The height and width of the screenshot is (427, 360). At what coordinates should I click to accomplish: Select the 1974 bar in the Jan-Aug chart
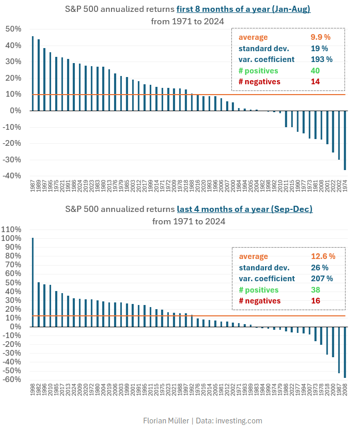click(345, 140)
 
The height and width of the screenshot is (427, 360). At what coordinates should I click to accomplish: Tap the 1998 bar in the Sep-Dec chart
click(33, 282)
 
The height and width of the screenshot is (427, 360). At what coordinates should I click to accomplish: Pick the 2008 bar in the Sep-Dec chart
click(345, 352)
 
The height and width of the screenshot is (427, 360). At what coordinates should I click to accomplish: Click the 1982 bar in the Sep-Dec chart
click(39, 304)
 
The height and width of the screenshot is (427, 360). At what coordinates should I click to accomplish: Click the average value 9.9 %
click(320, 37)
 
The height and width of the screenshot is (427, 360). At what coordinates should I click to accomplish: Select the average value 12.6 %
click(323, 256)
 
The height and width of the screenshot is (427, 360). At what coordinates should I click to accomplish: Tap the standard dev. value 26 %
click(319, 268)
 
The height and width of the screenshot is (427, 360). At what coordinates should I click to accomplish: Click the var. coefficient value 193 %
click(321, 59)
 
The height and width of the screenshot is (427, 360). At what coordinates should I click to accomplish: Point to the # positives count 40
click(316, 70)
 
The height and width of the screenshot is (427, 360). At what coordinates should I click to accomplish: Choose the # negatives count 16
click(316, 301)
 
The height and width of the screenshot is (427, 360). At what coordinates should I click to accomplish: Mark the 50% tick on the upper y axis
click(12, 29)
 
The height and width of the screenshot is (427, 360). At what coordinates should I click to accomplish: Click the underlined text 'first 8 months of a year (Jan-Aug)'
click(243, 9)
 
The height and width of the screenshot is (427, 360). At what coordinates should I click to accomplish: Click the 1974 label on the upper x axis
click(345, 187)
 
